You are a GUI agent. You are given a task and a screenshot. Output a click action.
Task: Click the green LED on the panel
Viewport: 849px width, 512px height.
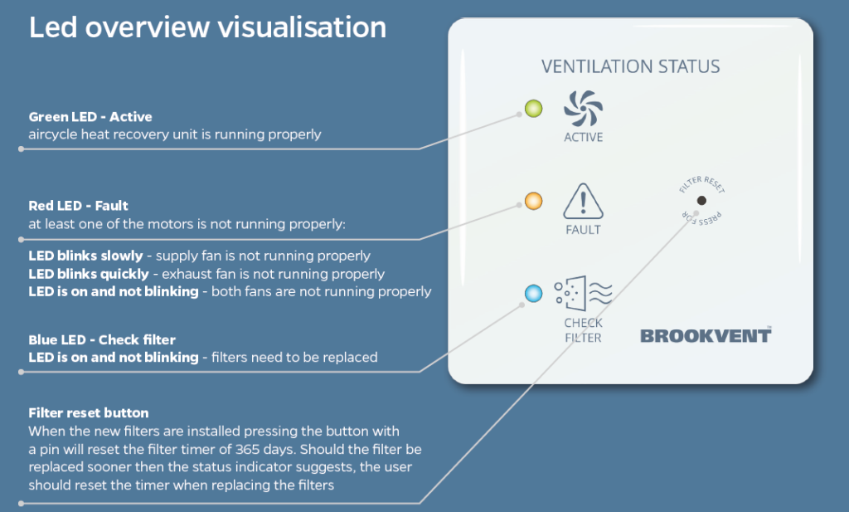[533, 108]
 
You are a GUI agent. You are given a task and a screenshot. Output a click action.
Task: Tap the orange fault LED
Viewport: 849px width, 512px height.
[533, 200]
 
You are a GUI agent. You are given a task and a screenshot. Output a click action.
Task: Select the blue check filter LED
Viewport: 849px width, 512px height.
[533, 293]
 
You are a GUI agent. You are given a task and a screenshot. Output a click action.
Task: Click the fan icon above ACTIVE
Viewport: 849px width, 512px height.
[583, 109]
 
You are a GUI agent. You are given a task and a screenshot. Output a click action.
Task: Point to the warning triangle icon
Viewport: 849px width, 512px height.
[583, 202]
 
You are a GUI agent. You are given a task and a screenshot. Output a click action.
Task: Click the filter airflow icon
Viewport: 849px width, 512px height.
[583, 295]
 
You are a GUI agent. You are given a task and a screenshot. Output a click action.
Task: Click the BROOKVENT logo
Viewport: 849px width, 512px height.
[706, 334]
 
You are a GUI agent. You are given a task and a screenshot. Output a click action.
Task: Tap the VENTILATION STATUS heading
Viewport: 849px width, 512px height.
[630, 66]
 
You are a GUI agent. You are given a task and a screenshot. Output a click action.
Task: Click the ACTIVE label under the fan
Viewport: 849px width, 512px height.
[583, 137]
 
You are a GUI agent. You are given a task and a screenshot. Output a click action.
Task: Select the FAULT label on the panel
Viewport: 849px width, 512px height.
[583, 230]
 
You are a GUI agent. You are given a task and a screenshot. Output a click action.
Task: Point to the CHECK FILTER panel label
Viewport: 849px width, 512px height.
[583, 330]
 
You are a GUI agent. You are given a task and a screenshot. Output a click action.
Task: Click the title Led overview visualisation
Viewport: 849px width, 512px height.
[207, 27]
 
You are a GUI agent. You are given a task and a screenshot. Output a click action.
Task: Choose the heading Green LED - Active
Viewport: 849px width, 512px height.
[90, 117]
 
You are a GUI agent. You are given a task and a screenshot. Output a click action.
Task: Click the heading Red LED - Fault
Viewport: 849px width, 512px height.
[79, 205]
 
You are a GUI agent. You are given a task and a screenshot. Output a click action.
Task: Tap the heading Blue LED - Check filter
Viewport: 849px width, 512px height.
[102, 340]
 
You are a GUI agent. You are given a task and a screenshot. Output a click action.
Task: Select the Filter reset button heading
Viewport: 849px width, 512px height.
[89, 412]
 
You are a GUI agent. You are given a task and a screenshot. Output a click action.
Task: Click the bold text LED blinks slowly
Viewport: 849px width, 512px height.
[87, 256]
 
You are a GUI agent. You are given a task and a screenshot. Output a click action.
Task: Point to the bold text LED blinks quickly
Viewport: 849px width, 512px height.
[90, 274]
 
